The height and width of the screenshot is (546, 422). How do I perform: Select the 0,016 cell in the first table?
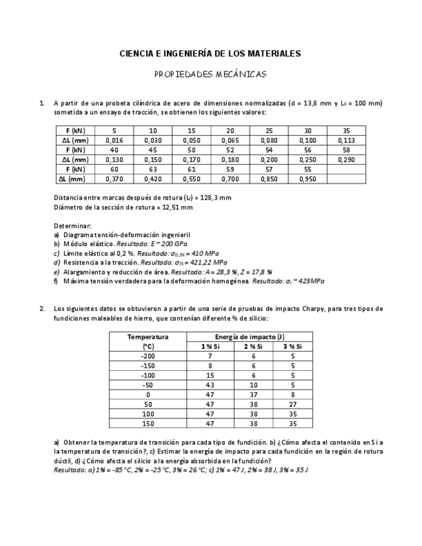pos(114,140)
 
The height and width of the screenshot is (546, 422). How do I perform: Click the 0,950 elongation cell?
pos(307,180)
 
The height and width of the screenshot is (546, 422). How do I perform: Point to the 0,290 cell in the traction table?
pos(346,160)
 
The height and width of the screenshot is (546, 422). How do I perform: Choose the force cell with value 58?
pos(346,150)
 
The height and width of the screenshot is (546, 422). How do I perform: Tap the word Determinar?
pos(72,226)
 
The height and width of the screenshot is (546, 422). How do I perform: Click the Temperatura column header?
pos(148,337)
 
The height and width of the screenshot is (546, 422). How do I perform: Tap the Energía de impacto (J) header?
pos(249,337)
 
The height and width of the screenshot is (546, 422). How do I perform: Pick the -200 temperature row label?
pos(148,356)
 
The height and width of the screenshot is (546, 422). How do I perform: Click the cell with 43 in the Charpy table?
pos(209,385)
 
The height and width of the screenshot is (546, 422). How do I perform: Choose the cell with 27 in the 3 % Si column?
pos(293,404)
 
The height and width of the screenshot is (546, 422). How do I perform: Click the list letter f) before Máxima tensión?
pos(57,281)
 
